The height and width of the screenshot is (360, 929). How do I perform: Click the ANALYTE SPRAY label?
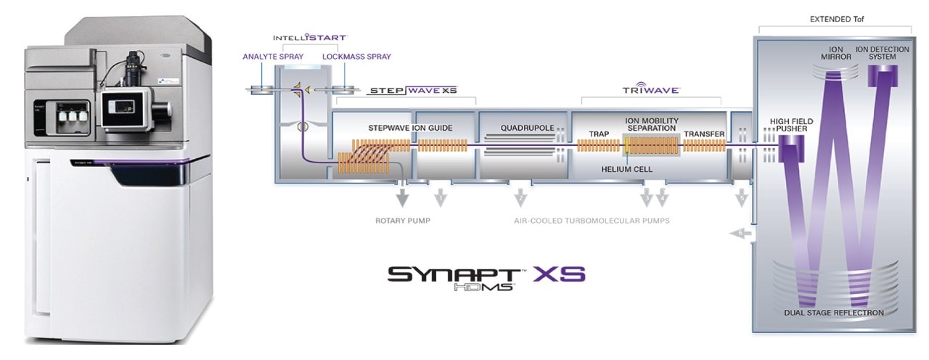[272, 56]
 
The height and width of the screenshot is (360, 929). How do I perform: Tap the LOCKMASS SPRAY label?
[356, 56]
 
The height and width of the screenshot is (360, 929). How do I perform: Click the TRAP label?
[599, 134]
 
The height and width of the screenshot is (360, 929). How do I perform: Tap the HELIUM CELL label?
[627, 169]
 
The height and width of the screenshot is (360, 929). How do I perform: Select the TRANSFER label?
[704, 134]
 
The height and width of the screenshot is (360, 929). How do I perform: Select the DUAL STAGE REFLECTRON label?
[834, 313]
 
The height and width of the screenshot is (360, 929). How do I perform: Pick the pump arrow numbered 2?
[520, 197]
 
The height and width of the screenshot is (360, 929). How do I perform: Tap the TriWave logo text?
[650, 90]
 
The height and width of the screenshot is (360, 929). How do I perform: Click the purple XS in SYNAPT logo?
[559, 275]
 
